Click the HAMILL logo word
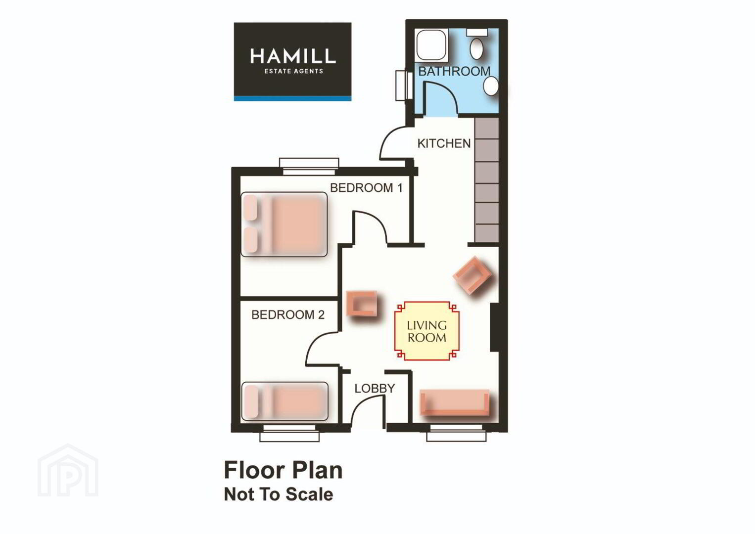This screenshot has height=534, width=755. [x=292, y=56]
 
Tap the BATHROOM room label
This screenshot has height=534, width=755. [x=454, y=71]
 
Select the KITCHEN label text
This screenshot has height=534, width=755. [x=444, y=143]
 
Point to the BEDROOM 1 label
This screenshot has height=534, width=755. [x=367, y=188]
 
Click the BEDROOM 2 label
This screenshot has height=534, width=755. [x=288, y=314]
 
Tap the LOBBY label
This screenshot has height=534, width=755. [x=375, y=389]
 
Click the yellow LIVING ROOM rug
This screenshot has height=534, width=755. [x=426, y=331]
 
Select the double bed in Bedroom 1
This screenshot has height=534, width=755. [x=284, y=224]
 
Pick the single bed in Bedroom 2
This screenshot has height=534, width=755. [x=285, y=401]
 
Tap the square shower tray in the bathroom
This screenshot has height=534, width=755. [x=432, y=45]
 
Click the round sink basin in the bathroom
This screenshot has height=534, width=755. [x=491, y=86]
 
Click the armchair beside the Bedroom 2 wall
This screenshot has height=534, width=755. [x=362, y=304]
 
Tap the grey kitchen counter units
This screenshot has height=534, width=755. [x=486, y=180]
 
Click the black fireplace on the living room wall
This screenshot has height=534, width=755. [x=494, y=327]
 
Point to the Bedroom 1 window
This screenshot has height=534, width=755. [x=309, y=167]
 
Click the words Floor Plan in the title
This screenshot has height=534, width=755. [x=283, y=470]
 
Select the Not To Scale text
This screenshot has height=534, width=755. [x=279, y=494]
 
